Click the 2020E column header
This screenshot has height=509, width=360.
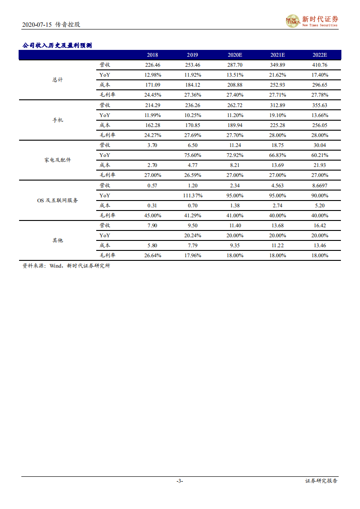(235, 55)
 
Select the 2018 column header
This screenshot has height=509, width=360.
(153, 55)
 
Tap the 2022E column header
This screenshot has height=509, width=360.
(320, 55)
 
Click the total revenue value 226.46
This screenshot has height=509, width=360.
(153, 65)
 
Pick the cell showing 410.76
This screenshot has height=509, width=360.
(320, 65)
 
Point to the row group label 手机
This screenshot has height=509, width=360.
(58, 120)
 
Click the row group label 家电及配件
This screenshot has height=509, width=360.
(58, 160)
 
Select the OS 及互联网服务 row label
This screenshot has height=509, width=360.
(58, 200)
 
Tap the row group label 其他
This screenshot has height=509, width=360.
(58, 240)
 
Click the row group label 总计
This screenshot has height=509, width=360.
(58, 80)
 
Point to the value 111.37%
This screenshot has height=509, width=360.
(192, 196)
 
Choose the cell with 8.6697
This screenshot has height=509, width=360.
(320, 186)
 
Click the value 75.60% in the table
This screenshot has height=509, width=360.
(192, 155)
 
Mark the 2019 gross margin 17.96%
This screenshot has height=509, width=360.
(192, 255)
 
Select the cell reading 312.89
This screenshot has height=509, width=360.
(277, 105)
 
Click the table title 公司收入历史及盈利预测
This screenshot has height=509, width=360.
(57, 45)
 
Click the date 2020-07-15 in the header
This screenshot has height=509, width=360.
(38, 24)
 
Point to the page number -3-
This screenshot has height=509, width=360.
(180, 481)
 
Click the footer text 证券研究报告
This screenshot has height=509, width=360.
(321, 481)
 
